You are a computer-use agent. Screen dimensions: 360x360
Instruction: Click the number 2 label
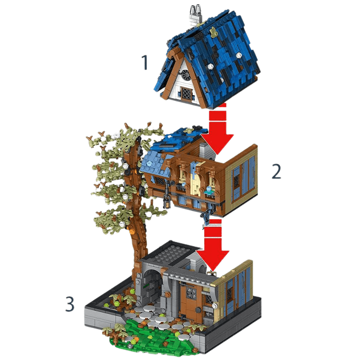[276, 171]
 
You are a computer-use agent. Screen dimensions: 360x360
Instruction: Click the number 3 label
[69, 304]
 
